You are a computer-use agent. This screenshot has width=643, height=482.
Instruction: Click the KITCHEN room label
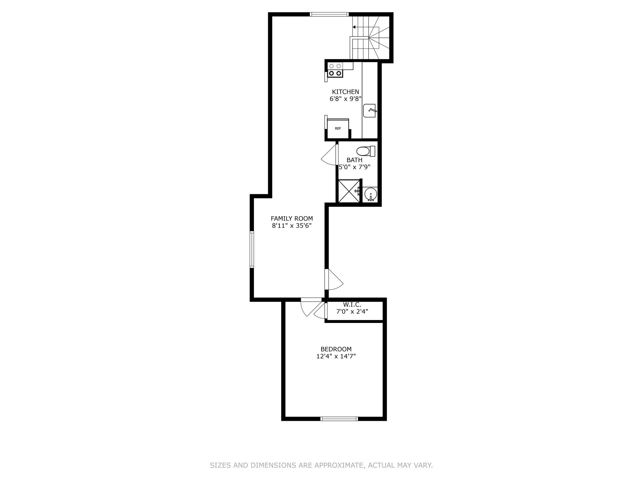coord(345,92)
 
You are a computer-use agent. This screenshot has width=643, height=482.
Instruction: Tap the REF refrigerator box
coord(338,129)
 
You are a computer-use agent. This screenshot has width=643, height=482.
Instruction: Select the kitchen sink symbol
coord(370,111)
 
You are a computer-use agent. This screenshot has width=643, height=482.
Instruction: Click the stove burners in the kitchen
coord(335,70)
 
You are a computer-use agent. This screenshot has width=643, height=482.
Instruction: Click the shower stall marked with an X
coord(348,191)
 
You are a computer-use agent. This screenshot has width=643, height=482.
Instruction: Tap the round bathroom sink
coord(370,194)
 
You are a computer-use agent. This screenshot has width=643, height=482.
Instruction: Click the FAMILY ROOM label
coord(292,218)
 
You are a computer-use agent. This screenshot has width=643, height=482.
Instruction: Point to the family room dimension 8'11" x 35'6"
coord(292,226)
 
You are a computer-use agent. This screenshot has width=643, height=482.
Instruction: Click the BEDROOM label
coord(336,349)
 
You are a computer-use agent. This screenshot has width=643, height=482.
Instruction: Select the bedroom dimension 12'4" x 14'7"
coord(336,356)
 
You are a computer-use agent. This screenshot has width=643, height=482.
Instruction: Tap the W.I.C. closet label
coord(352,304)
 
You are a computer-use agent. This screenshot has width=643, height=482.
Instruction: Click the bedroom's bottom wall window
coord(339,418)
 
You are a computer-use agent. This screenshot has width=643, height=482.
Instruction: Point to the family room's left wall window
coord(252,249)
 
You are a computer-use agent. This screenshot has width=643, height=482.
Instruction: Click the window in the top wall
coord(329,14)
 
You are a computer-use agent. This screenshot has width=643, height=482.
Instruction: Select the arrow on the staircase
coord(354,27)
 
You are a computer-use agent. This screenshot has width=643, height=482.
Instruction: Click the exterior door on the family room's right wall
coord(333,279)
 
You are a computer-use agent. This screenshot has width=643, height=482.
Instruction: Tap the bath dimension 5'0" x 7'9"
coord(354,167)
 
